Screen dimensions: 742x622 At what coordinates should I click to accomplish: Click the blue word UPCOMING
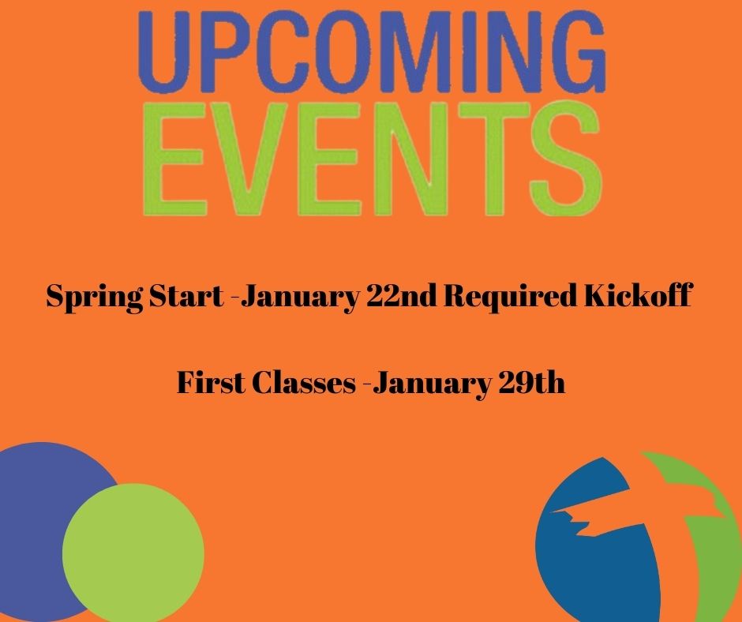(x=372, y=52)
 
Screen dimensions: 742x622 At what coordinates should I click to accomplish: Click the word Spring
(x=95, y=298)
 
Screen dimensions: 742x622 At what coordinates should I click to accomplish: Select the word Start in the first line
(x=186, y=296)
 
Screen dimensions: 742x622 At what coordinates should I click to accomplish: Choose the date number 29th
(x=532, y=383)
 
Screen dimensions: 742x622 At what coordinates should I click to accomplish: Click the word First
(x=211, y=383)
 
